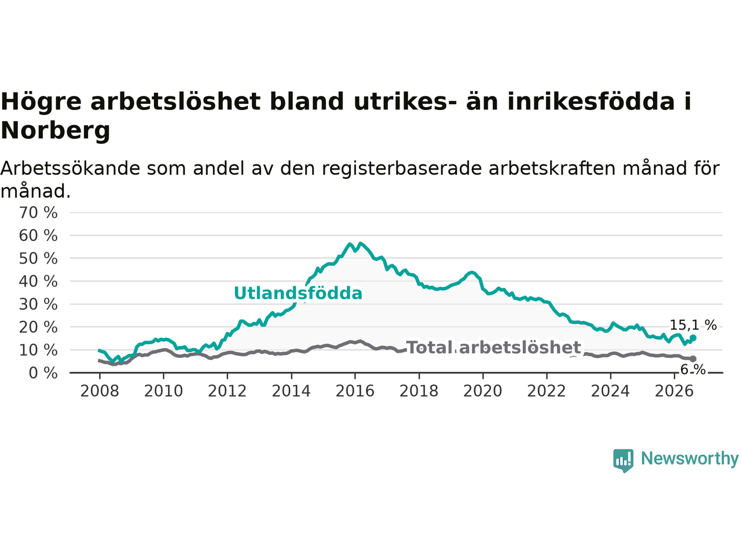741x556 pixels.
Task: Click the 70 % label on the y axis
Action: (x=38, y=213)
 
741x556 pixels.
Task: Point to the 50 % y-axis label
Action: (x=38, y=259)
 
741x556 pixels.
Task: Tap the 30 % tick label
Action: (x=38, y=305)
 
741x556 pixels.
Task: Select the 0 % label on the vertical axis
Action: (x=43, y=374)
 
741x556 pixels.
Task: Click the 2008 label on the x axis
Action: (x=100, y=392)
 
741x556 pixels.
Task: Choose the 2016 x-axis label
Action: (x=355, y=392)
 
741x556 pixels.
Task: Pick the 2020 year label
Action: (x=483, y=392)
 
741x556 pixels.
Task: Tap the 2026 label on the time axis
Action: (x=674, y=392)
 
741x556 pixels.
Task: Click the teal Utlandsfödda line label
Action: (x=298, y=293)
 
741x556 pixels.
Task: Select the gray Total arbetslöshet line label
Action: (x=494, y=348)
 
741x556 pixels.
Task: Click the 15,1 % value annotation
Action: (x=693, y=325)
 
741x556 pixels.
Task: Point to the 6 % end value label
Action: (x=693, y=370)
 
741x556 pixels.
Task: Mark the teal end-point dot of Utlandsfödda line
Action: (x=693, y=338)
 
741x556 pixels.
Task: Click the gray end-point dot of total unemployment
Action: (x=693, y=359)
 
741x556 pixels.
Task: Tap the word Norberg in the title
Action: (x=56, y=131)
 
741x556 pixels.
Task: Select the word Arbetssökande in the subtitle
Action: (x=70, y=169)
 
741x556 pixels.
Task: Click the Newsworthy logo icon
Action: (x=623, y=460)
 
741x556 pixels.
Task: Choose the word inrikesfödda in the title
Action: (x=591, y=101)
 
